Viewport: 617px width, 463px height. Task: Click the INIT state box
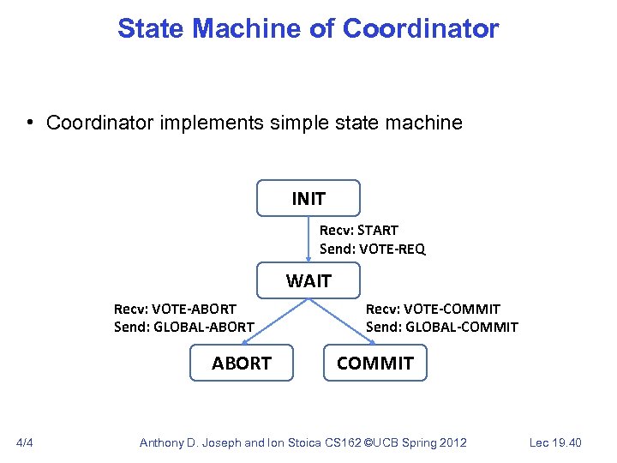coord(308,198)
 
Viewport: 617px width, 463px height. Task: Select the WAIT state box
coord(308,280)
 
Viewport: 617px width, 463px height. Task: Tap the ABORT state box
coord(242,363)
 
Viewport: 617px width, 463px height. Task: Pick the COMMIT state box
coord(374,363)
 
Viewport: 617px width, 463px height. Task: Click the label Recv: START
coord(358,230)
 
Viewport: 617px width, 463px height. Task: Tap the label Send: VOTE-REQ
coord(372,250)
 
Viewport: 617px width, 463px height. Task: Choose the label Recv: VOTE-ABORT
coord(175,308)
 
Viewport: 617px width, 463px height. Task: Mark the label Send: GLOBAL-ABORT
coord(183,327)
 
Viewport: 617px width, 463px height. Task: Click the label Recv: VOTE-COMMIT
coord(433,308)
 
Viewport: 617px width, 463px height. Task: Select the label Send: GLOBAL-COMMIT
coord(441,327)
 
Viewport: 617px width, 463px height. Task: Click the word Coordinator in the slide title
coord(420,28)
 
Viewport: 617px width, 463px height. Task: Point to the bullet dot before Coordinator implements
coord(29,123)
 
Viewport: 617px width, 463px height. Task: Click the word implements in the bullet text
coord(217,123)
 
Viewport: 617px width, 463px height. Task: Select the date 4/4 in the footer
coord(25,442)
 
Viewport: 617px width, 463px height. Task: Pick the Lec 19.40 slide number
coord(556,442)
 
